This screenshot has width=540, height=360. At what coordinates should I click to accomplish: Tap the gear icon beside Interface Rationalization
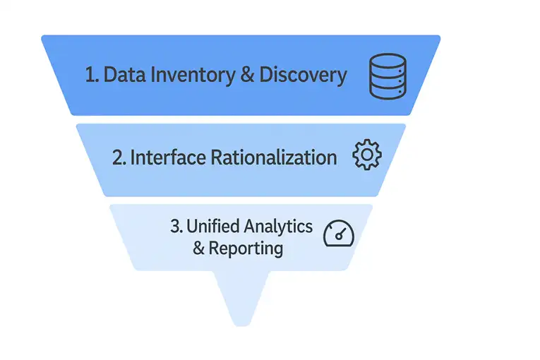coord(366,155)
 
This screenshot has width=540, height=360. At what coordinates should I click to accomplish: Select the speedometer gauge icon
coord(338,234)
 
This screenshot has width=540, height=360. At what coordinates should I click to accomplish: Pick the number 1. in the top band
coord(92,76)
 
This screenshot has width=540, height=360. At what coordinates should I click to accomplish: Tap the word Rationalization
coord(274,157)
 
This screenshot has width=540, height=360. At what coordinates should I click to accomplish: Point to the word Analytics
coord(278,226)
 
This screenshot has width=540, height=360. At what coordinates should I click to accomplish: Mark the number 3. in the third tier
coord(176,226)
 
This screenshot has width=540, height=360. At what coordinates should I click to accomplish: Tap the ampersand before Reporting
coord(198,248)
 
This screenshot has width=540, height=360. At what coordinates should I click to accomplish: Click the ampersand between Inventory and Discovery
coord(247,76)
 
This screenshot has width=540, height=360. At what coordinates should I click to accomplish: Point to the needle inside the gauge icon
coord(342,232)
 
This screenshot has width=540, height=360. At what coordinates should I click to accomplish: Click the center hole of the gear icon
coord(366,155)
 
